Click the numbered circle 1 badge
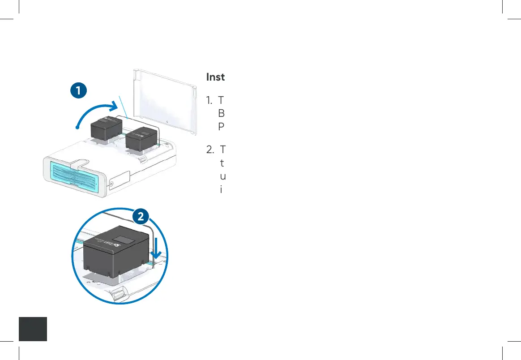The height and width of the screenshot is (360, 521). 78,90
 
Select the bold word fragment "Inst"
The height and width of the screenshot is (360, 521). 215,77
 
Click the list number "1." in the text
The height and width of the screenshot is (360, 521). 209,100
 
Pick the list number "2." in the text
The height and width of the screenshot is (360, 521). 210,149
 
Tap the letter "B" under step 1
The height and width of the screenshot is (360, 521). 221,113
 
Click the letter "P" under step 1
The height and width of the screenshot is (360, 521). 221,127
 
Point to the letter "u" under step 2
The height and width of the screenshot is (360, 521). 222,176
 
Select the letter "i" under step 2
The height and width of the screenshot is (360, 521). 221,189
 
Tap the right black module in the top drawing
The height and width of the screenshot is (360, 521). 141,139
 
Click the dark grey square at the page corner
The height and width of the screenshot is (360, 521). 34,329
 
